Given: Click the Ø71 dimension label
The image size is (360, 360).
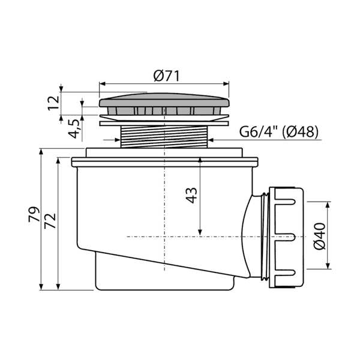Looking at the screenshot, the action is [x=166, y=76].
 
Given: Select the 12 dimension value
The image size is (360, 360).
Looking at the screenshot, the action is [x=54, y=103].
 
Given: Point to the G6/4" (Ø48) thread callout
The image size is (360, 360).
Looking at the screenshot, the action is [x=279, y=132].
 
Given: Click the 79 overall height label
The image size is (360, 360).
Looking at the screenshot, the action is [x=34, y=214].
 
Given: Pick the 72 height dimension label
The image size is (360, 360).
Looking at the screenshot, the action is [x=50, y=221].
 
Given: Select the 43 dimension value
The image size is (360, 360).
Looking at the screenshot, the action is [x=191, y=196].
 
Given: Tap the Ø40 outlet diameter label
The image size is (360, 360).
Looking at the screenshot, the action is [x=319, y=236].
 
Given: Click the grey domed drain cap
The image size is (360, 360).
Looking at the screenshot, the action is [x=164, y=100].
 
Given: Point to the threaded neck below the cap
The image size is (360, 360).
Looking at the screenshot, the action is [x=164, y=137].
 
